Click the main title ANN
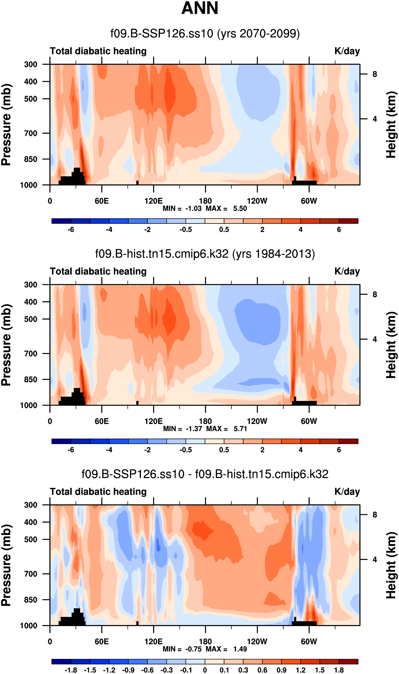point(200,8)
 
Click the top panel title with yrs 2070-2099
point(205,34)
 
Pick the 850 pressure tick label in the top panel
point(31,159)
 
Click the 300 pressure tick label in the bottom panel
point(31,505)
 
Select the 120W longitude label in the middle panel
point(257,421)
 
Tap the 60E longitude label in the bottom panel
point(102,642)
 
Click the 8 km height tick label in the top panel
point(375,74)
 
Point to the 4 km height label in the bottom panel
point(375,559)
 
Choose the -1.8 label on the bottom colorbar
point(71,670)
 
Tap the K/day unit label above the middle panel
point(347,272)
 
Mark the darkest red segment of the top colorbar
point(348,221)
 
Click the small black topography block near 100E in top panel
point(137,183)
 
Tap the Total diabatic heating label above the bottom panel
point(98,492)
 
